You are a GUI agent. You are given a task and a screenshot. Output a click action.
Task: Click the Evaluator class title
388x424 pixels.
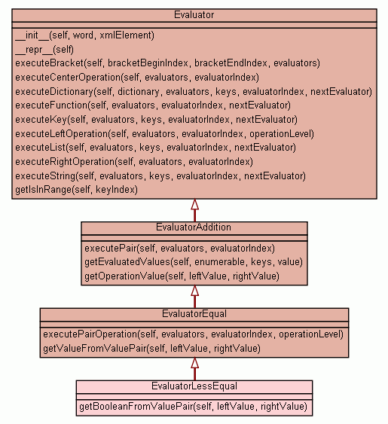coord(194,15)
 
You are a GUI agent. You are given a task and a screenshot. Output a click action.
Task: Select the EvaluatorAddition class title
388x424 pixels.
coord(194,227)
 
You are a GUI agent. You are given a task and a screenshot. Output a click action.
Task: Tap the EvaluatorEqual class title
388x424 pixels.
coord(194,314)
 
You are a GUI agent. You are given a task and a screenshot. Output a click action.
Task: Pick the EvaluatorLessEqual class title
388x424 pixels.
coord(194,386)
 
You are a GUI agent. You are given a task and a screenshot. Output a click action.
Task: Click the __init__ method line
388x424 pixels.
coord(84,35)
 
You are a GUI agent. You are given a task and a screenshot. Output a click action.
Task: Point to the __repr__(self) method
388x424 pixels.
coord(44,50)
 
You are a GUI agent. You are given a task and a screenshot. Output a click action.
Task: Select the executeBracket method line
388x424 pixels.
coord(167,63)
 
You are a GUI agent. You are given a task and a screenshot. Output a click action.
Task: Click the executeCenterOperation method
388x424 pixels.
coord(137,78)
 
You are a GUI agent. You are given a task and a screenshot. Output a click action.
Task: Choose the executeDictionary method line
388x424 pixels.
coord(194,92)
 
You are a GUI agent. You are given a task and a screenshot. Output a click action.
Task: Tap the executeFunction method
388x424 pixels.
coord(153,105)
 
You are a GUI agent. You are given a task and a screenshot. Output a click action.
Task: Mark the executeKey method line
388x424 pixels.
coord(157,120)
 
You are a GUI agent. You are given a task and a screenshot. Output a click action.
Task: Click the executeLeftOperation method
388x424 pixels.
coord(165,134)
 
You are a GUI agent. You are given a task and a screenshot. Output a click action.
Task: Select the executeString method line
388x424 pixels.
coord(160,176)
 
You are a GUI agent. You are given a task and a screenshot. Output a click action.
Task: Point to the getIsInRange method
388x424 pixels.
coord(77,190)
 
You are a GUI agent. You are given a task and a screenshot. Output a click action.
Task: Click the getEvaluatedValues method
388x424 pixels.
coord(194,262)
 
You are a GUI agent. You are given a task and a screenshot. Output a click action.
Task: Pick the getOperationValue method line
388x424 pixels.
coord(182,276)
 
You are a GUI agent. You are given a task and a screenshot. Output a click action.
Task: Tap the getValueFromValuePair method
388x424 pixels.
coord(151,348)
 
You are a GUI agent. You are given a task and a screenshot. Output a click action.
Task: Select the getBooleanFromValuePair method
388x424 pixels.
coord(193,407)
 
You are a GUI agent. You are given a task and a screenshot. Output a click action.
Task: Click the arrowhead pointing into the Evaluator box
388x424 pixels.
coord(195,204)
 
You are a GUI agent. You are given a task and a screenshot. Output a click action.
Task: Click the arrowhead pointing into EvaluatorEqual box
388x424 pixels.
coord(195,362)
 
